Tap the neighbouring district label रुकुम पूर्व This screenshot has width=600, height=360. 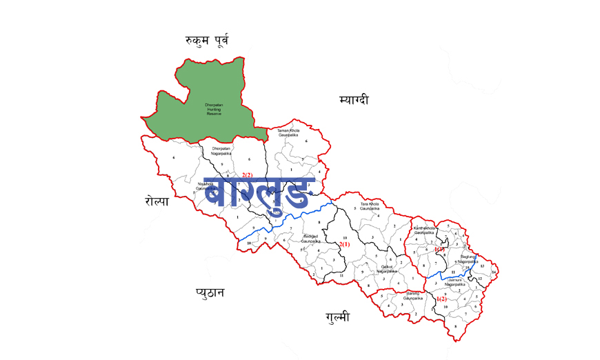tap(207, 41)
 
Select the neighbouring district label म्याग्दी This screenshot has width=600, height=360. tap(354, 100)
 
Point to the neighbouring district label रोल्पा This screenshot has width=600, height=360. tap(157, 201)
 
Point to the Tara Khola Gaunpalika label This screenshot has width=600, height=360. tap(370, 206)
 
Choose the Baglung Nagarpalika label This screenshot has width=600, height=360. tap(464, 260)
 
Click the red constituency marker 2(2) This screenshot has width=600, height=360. tap(248, 175)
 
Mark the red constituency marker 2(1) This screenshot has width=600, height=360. tap(344, 244)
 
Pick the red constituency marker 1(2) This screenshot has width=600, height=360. tap(441, 299)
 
